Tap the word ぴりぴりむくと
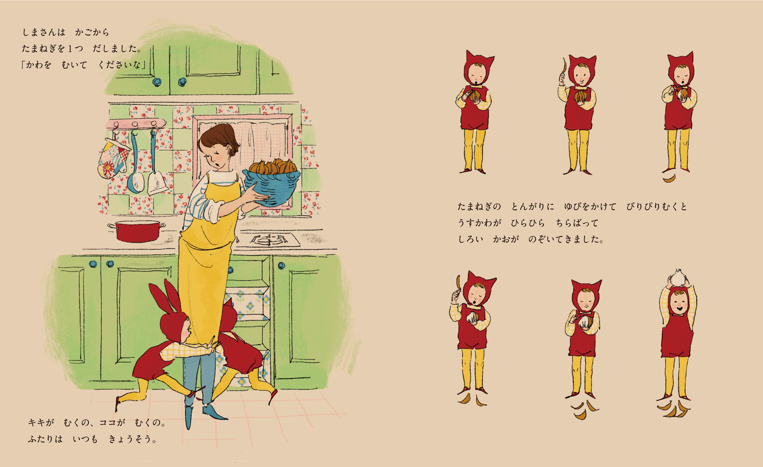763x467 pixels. [657, 207]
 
